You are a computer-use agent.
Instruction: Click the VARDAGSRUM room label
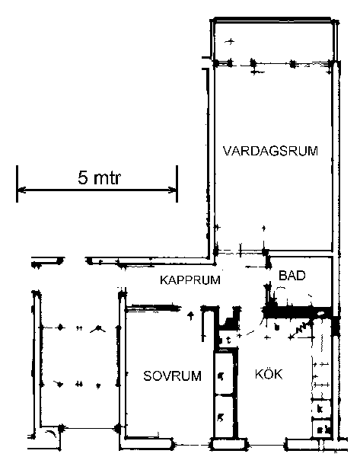[270, 152]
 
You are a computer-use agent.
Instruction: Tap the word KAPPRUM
[190, 280]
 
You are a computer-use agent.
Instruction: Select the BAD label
[292, 276]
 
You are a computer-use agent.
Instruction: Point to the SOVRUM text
[173, 376]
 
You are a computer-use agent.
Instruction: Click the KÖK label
[269, 374]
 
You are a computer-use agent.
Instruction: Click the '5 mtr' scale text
[99, 177]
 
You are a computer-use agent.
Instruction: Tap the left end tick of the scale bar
[18, 184]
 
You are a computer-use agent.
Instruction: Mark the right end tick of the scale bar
[177, 184]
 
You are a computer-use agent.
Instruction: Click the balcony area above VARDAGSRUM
[273, 42]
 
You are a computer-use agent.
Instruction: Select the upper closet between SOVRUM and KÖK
[224, 374]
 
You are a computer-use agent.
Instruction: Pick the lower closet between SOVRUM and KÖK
[224, 417]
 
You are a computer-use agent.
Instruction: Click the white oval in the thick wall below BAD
[320, 314]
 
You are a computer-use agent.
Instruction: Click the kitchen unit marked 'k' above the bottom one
[321, 408]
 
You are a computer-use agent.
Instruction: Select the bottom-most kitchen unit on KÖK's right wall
[321, 428]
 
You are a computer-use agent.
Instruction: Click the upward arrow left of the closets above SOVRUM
[191, 315]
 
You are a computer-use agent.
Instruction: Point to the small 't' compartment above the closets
[228, 340]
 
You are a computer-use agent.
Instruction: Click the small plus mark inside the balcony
[230, 41]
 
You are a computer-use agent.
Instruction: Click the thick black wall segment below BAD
[297, 312]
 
